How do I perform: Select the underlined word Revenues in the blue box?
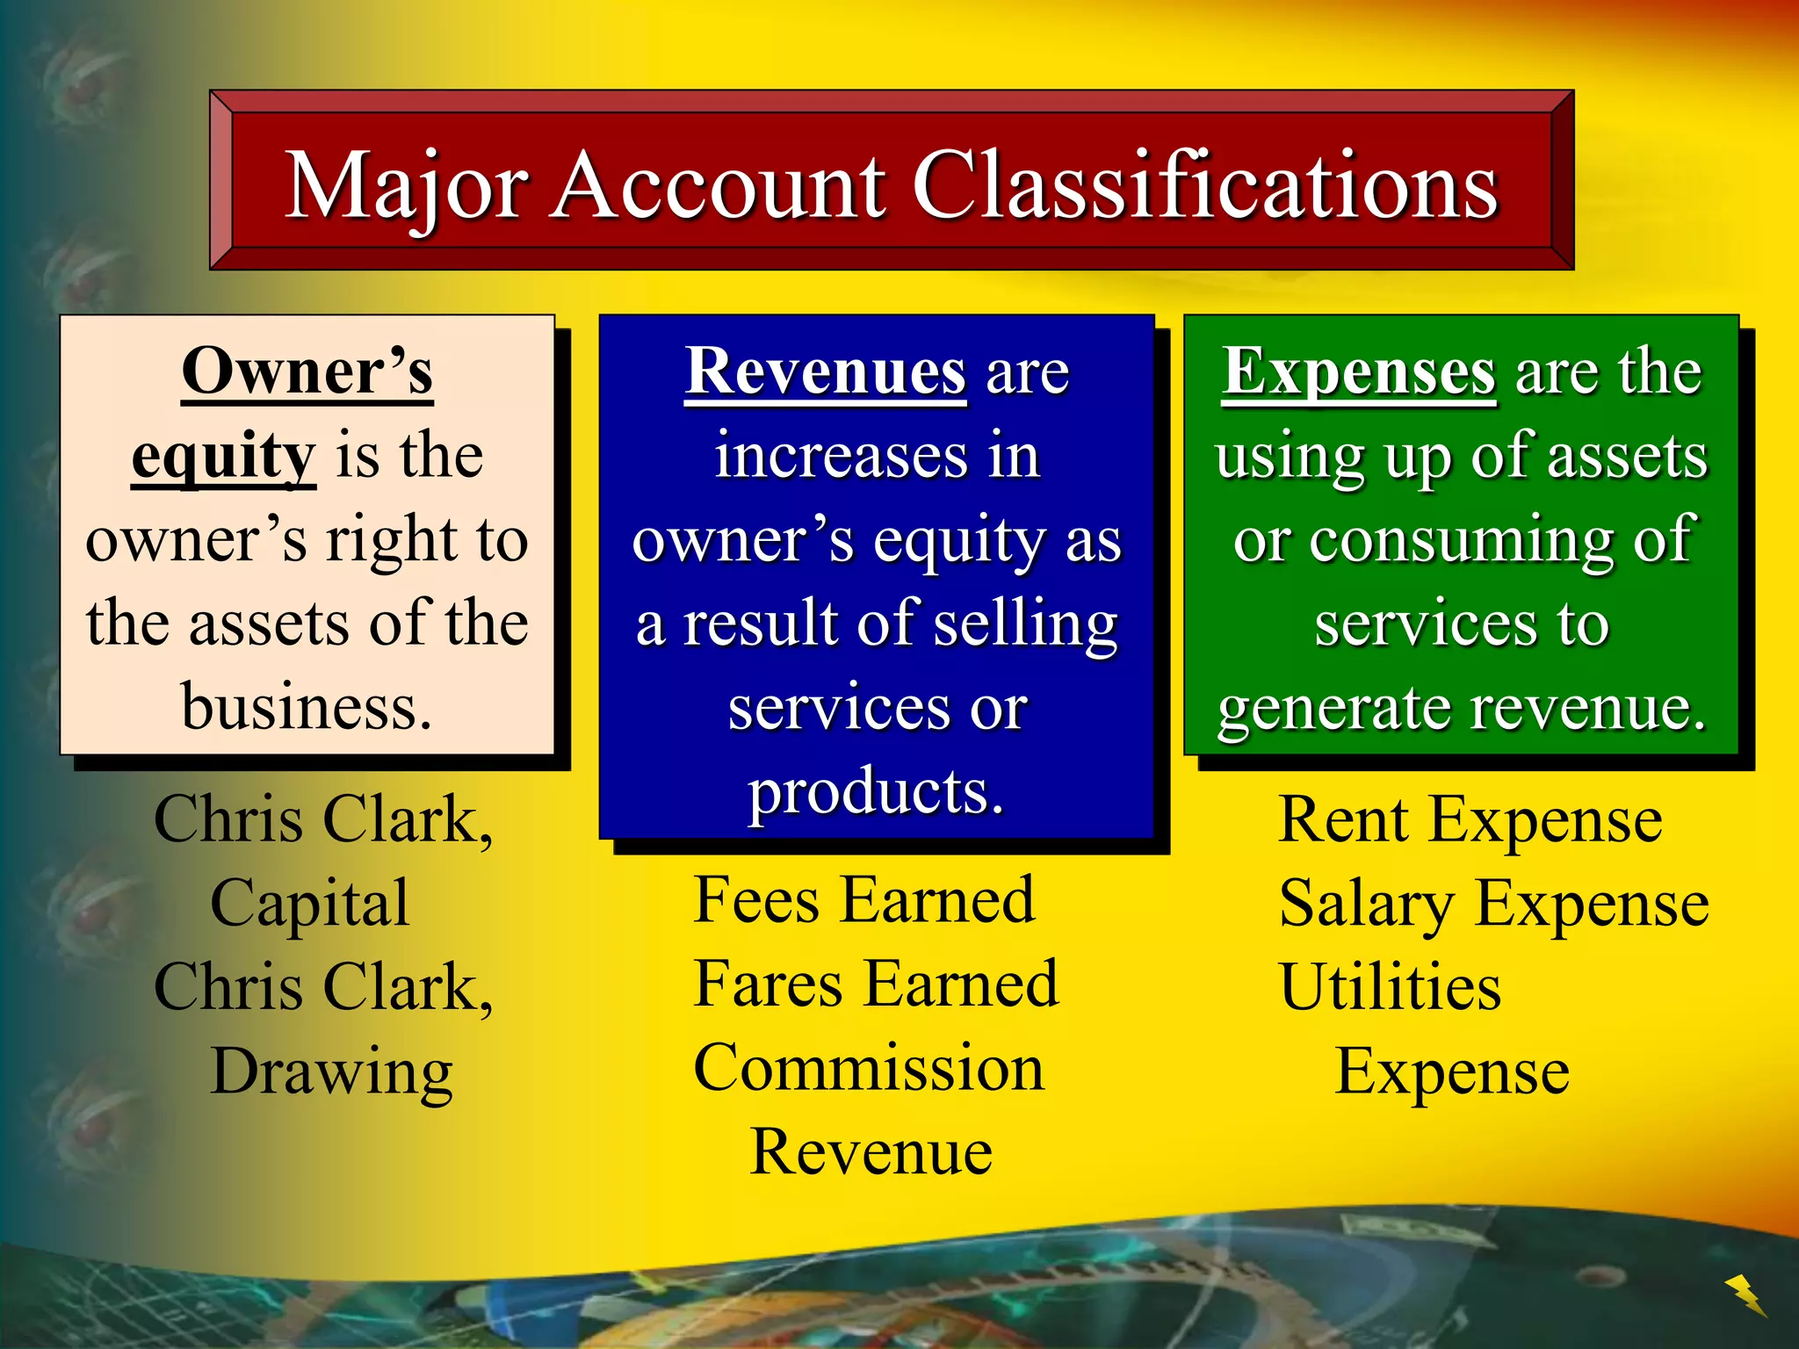pos(826,372)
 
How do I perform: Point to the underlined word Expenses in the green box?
pos(1359,372)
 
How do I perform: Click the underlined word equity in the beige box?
pos(223,457)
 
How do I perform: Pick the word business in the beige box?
pos(307,707)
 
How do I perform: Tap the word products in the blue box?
pos(876,791)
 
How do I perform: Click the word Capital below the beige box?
pos(310,903)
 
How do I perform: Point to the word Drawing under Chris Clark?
pos(332,1072)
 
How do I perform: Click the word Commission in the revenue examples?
pos(869,1068)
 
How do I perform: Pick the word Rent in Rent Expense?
pos(1344,820)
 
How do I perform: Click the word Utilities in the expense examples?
pos(1391,987)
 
